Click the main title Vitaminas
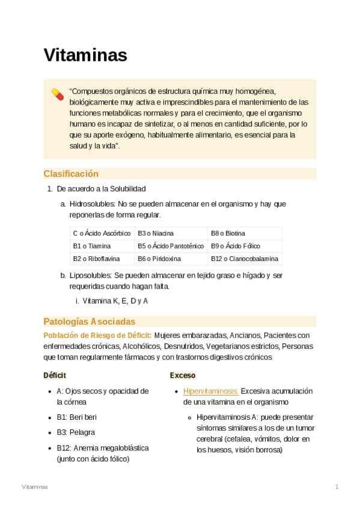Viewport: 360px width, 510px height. pos(85,55)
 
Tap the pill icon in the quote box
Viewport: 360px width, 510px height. pos(57,94)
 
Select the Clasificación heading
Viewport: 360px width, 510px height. pos(71,174)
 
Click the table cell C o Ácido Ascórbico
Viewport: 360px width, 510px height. pos(102,233)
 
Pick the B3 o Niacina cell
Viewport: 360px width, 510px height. pos(156,233)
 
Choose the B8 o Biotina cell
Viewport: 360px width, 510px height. pos(228,233)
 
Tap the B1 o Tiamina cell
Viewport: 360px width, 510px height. pos(93,246)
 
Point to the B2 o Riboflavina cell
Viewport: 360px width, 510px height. pos(97,259)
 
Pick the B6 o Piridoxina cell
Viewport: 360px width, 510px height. pos(159,259)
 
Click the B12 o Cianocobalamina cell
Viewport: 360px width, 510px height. pos(245,259)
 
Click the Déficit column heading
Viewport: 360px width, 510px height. pos(55,375)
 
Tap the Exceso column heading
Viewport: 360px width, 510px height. pos(182,375)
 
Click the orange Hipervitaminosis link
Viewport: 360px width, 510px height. pos(211,391)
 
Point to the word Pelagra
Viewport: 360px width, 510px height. pos(82,432)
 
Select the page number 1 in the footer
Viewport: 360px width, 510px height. pos(337,486)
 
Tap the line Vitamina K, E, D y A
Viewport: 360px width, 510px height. pos(115,301)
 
